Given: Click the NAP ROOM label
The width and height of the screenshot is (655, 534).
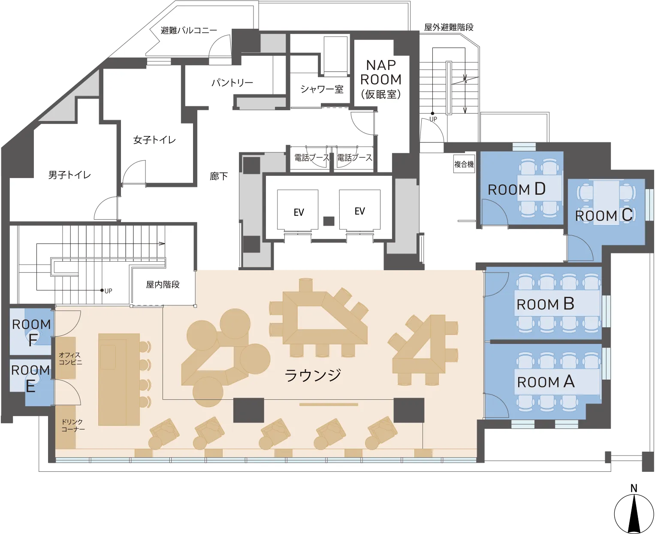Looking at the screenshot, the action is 381,79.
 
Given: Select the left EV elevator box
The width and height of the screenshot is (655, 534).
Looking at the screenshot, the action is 298,210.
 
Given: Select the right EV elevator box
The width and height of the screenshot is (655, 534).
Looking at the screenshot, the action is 359,210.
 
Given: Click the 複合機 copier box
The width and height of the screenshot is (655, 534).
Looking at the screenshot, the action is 464,164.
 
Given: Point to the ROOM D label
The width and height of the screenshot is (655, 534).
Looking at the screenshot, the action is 517,189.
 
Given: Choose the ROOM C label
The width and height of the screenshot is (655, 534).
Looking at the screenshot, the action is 604,215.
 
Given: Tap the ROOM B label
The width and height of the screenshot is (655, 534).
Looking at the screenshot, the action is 545,304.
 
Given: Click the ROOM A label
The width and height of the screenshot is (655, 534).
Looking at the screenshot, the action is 546,381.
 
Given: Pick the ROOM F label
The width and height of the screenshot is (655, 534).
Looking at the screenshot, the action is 31,332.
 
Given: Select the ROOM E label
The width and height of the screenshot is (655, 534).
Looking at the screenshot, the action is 30,378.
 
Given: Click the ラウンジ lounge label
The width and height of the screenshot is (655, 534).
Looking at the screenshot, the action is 313,375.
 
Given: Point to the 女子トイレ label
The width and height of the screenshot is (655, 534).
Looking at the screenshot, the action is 155,140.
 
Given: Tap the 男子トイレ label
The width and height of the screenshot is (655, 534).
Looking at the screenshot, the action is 69,175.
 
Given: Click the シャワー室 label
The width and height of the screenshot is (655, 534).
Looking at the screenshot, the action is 322,89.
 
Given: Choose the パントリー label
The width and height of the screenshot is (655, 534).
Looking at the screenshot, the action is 232,83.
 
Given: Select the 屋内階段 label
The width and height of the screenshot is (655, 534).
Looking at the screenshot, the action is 163,284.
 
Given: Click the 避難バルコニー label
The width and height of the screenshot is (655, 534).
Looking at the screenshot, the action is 189,30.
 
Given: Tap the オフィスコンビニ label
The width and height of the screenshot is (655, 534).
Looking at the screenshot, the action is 70,359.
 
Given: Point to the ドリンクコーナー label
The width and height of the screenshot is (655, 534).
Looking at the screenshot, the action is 72,425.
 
